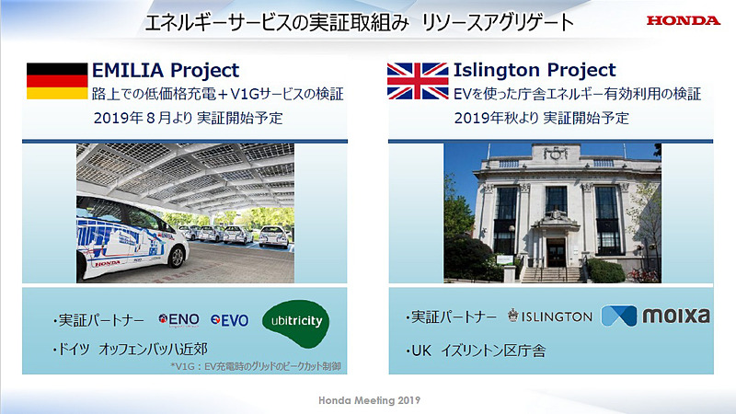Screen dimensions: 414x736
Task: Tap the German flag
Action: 56,81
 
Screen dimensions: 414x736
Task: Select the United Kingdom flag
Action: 417,81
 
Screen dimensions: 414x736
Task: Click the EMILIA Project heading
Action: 165,70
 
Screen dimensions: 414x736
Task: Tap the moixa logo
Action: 655,316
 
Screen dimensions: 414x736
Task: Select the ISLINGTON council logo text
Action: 550,316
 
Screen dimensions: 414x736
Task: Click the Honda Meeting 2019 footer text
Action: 368,402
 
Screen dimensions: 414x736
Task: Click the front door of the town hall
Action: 556,252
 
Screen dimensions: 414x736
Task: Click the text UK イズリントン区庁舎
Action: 477,350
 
